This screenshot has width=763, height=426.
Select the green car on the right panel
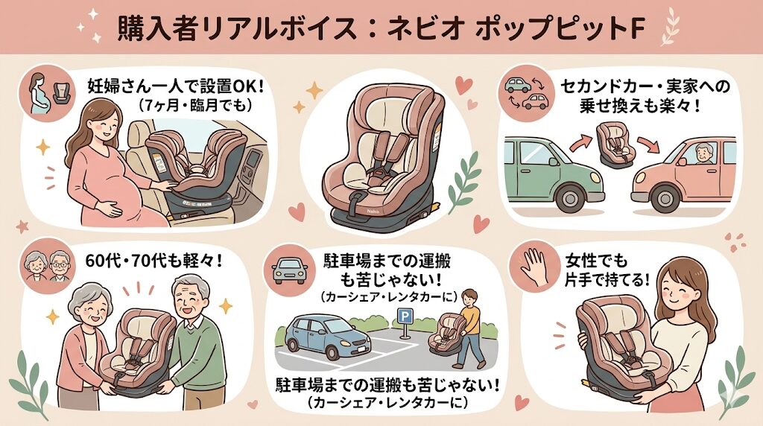click(x=545, y=169)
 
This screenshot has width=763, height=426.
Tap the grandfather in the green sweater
click(x=196, y=335)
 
